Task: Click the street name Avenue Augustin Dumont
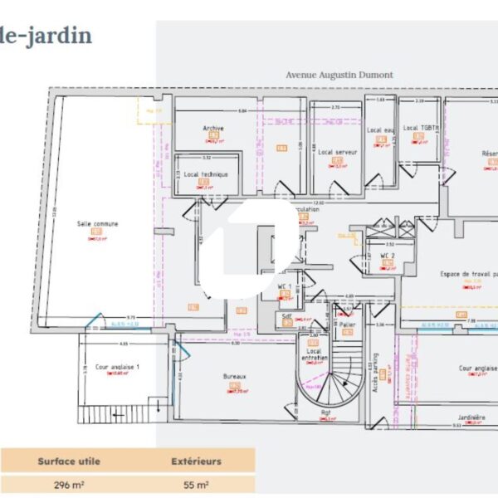(x=339, y=75)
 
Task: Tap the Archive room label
(x=213, y=129)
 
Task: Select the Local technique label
(x=206, y=174)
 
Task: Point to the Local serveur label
(x=337, y=152)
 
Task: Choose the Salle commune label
(x=98, y=223)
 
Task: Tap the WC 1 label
(x=284, y=286)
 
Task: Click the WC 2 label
(x=387, y=255)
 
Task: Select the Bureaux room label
(x=235, y=376)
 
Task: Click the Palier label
(x=347, y=324)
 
